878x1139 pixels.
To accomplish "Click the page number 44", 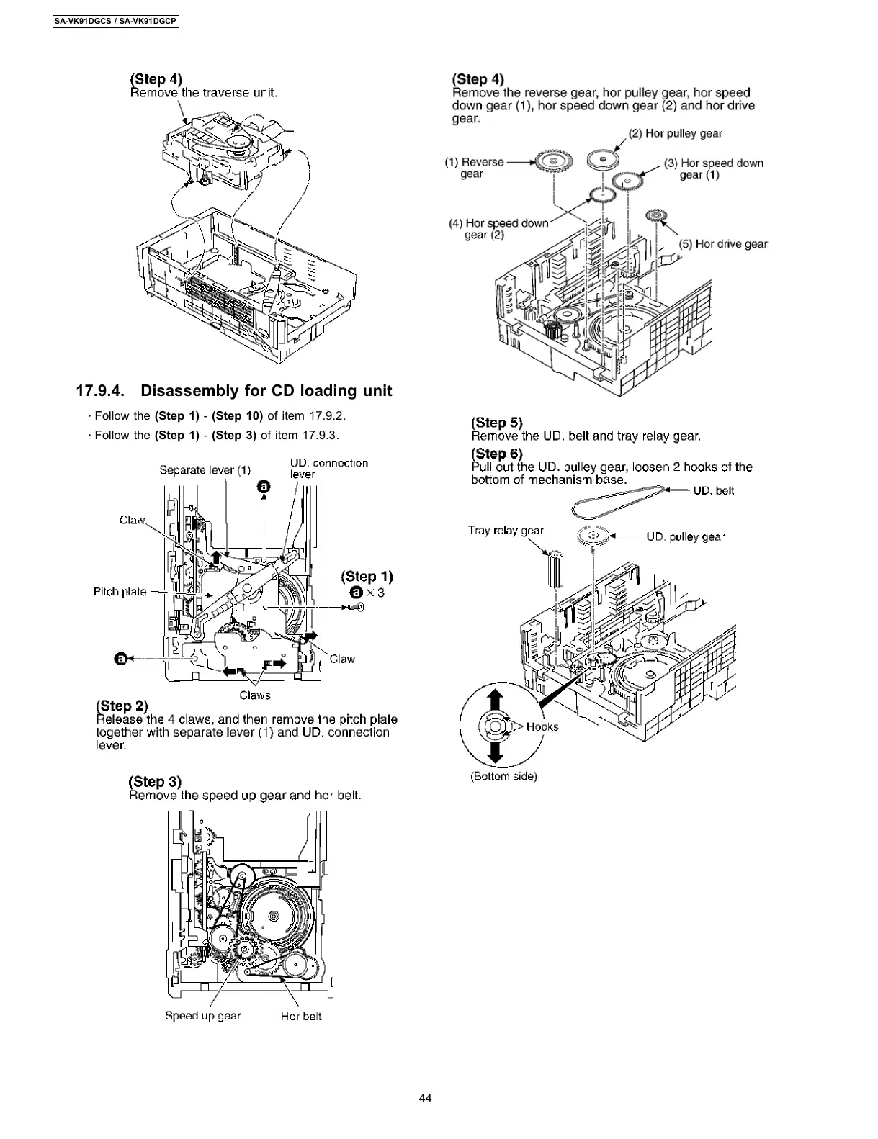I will click(425, 1098).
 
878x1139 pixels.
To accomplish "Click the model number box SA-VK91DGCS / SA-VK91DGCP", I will click(116, 22).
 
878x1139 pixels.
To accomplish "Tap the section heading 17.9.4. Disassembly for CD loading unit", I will click(234, 391).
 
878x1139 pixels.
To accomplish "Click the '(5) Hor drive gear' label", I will click(723, 243).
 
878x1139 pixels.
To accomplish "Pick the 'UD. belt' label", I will click(713, 490).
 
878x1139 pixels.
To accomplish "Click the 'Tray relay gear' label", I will click(506, 530).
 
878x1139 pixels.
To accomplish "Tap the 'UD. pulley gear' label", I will click(685, 536).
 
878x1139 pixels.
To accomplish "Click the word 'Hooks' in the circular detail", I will click(542, 726).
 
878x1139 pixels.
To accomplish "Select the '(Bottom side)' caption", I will click(504, 776).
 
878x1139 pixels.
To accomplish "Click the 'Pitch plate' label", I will click(120, 591).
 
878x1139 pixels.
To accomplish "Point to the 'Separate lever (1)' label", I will click(205, 470).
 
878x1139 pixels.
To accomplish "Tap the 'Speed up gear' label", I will click(202, 1016).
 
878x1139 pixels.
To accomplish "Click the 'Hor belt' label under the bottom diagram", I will click(301, 1017).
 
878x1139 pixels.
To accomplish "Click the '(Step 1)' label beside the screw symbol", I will click(367, 576).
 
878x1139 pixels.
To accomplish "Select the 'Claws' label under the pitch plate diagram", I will click(255, 695).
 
